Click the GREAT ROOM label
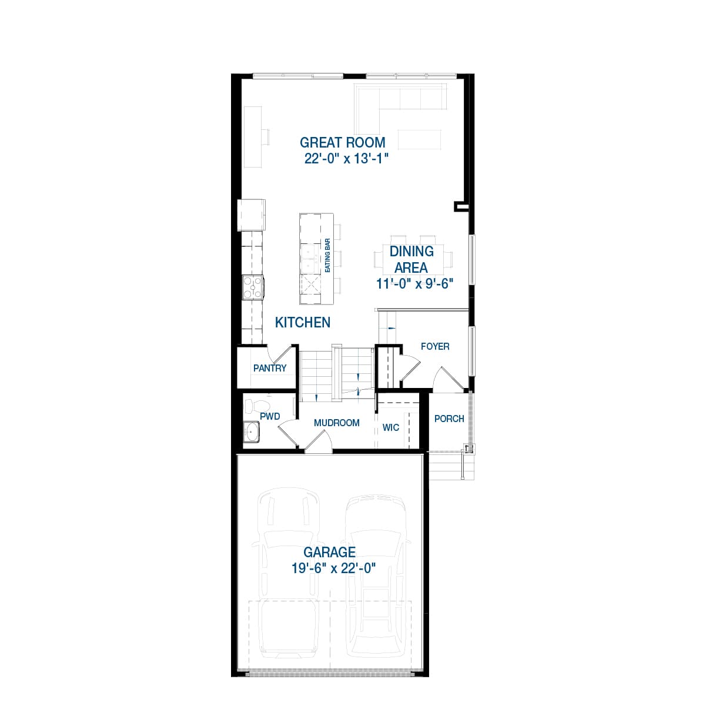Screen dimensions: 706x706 pyautogui.click(x=342, y=142)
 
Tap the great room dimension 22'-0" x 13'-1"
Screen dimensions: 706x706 pyautogui.click(x=346, y=159)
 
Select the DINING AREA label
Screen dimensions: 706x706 pyautogui.click(x=411, y=259)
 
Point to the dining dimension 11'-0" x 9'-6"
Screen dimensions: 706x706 pyautogui.click(x=415, y=283)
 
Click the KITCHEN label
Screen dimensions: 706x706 pyautogui.click(x=303, y=322)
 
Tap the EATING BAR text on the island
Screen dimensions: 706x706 pyautogui.click(x=328, y=255)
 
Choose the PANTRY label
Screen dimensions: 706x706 pyautogui.click(x=270, y=368)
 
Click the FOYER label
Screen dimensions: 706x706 pyautogui.click(x=435, y=346)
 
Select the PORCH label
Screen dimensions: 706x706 pyautogui.click(x=449, y=419)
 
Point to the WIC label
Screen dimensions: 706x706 pyautogui.click(x=391, y=427)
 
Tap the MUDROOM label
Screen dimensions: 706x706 pyautogui.click(x=336, y=423)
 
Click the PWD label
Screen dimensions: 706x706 pyautogui.click(x=270, y=416)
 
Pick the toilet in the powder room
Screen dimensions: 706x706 pyautogui.click(x=256, y=406)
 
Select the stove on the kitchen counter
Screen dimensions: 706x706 pyautogui.click(x=253, y=287)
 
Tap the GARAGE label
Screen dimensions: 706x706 pyautogui.click(x=329, y=552)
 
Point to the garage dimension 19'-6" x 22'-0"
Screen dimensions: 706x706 pyautogui.click(x=333, y=568)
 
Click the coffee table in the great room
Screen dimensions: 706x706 pyautogui.click(x=420, y=139)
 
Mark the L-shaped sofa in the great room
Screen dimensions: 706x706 pyautogui.click(x=400, y=100)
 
